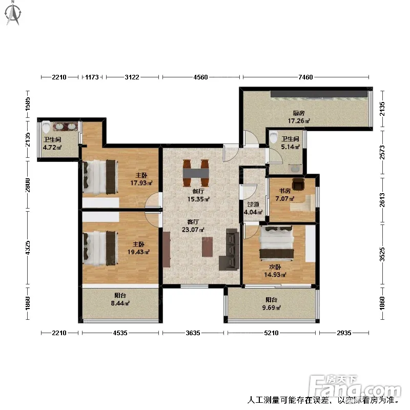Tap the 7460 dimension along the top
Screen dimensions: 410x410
[x=305, y=77]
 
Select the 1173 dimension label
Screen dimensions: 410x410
[x=92, y=77]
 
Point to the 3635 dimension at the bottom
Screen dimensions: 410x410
[x=193, y=333]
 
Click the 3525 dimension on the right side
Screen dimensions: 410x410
[x=382, y=254]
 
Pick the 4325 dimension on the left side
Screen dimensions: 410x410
[x=28, y=248]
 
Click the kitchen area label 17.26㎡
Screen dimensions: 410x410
[x=299, y=121]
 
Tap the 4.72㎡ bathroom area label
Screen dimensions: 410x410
[x=52, y=147]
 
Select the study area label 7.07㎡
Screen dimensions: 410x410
[x=285, y=199]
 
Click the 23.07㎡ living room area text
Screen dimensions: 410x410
[x=193, y=230]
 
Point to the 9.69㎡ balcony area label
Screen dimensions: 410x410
[x=272, y=307]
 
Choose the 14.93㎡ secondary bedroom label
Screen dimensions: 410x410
[x=275, y=275]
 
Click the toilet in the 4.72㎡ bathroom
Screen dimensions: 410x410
[x=46, y=127]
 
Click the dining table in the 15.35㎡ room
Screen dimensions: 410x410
[x=196, y=173]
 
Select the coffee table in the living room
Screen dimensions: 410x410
[x=207, y=247]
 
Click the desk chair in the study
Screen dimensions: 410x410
[x=298, y=184]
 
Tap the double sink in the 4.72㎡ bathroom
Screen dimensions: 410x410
[x=66, y=127]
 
